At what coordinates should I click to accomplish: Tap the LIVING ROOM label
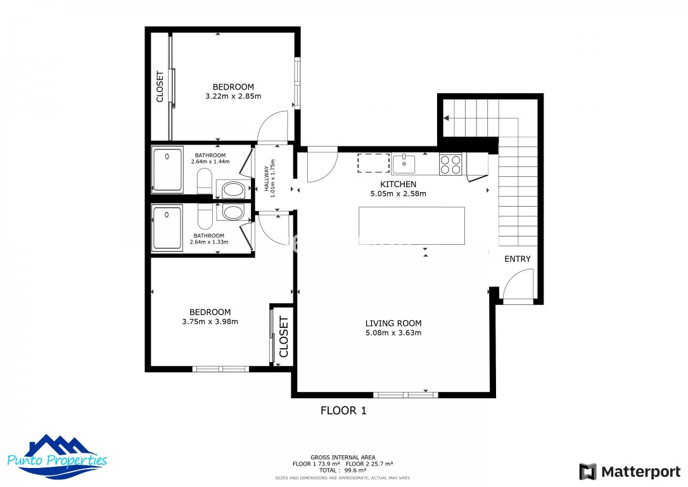click(x=393, y=323)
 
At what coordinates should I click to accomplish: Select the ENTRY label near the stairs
click(x=518, y=259)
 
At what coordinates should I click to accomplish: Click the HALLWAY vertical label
click(x=270, y=178)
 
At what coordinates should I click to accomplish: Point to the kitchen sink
click(x=404, y=164)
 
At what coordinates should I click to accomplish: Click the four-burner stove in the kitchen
click(x=450, y=164)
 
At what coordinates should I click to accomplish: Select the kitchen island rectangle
click(x=412, y=226)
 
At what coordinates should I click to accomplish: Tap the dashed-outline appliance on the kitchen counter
click(x=373, y=163)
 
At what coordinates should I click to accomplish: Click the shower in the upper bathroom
click(x=167, y=169)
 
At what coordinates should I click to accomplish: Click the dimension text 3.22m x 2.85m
click(x=233, y=96)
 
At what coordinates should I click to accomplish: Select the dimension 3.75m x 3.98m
click(x=210, y=321)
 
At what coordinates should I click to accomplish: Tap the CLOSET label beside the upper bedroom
click(x=160, y=86)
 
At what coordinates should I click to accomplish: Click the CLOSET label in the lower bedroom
click(x=283, y=337)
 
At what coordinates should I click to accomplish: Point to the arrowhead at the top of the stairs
click(x=447, y=118)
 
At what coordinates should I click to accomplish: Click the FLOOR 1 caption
click(x=343, y=411)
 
